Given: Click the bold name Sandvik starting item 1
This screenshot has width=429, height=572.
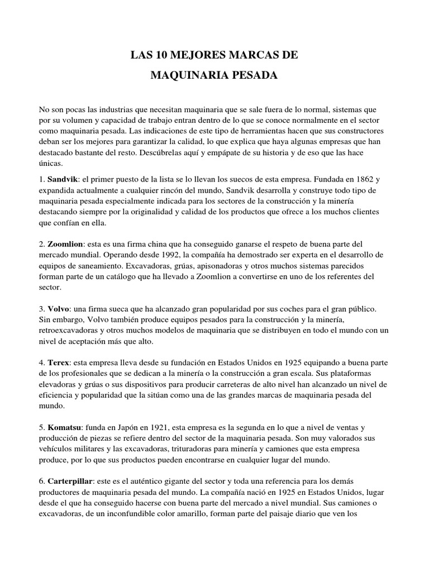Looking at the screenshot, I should (x=62, y=180).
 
